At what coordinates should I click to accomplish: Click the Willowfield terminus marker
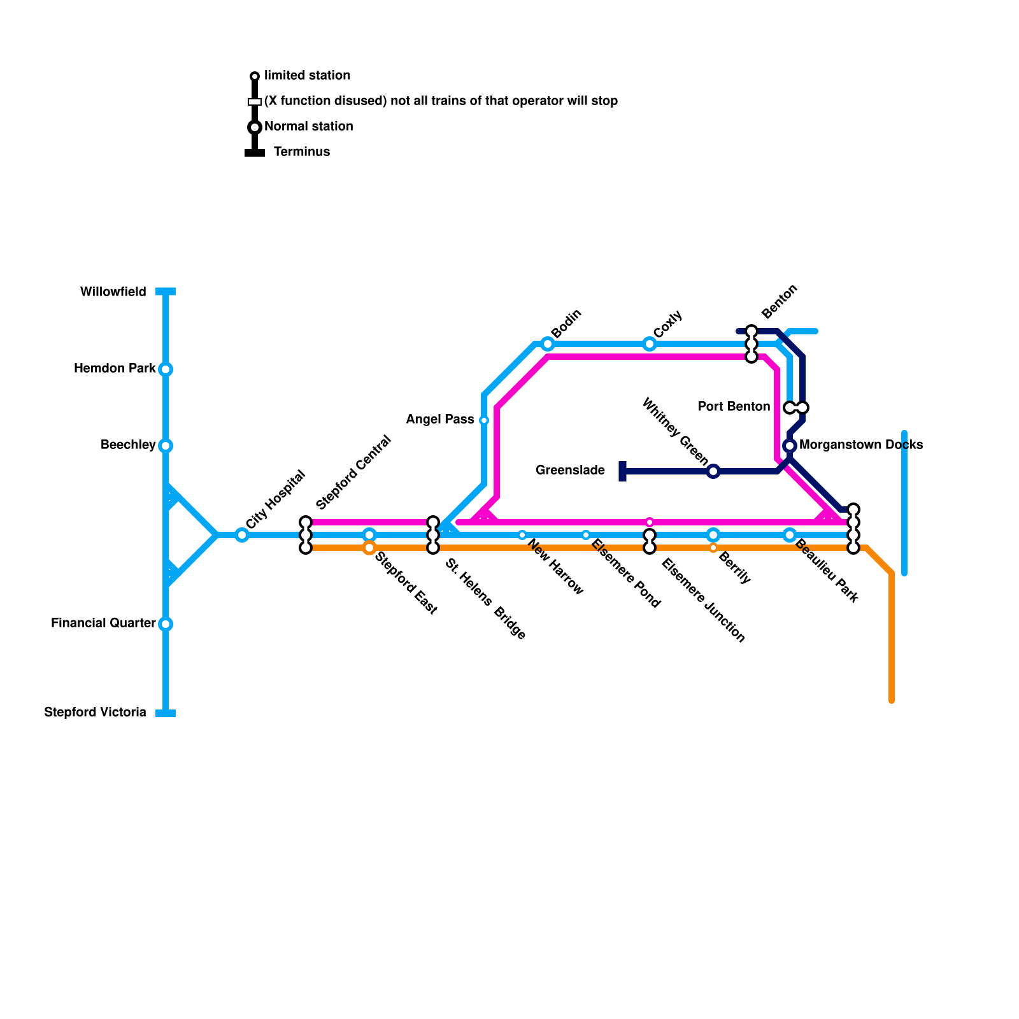coord(166,292)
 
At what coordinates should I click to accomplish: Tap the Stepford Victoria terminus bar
coord(166,713)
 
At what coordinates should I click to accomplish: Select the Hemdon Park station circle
coord(166,369)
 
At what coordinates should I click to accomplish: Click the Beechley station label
coord(128,445)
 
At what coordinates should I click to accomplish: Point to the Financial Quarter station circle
coord(166,624)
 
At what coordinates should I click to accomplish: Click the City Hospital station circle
coord(242,535)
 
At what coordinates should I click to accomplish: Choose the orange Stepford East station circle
coord(369,548)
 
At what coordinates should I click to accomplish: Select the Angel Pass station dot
coord(484,420)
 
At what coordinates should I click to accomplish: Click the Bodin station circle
coord(548,344)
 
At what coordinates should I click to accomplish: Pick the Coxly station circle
coord(650,344)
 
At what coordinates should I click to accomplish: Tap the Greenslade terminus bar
coord(622,471)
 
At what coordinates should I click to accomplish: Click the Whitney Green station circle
coord(713,471)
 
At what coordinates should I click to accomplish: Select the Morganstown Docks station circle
coord(790,445)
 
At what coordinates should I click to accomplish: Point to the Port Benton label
coord(734,407)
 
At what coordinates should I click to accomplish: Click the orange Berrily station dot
coord(713,548)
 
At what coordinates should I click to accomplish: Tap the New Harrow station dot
coord(522,535)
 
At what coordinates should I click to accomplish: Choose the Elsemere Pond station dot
coord(586,535)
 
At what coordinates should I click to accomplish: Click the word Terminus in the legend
coord(302,152)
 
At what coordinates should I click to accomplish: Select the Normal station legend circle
coord(255,127)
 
